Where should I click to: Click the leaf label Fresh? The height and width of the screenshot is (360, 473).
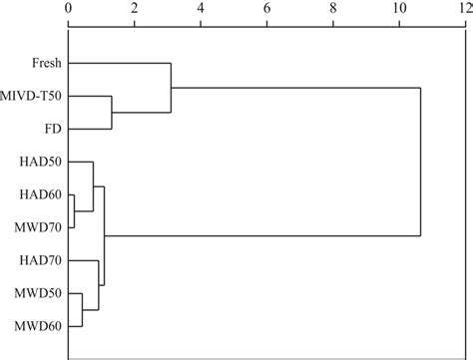[46, 64]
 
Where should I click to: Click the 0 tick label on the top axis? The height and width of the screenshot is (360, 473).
[68, 9]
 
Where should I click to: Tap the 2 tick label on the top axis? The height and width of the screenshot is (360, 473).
[134, 9]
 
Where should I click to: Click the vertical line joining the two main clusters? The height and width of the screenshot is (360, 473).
[420, 162]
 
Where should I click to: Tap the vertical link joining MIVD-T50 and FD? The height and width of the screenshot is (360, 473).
[112, 113]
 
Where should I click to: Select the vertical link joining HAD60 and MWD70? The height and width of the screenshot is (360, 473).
[74, 210]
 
